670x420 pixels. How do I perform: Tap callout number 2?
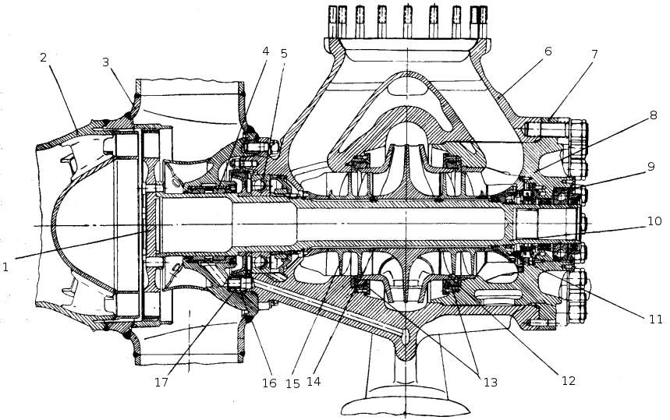(x=43, y=58)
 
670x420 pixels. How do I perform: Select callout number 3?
(x=106, y=62)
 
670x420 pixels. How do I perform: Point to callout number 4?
(x=266, y=52)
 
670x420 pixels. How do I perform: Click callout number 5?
(x=284, y=55)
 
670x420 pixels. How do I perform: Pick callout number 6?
(x=548, y=51)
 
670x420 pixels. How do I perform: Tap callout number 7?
(x=594, y=55)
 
